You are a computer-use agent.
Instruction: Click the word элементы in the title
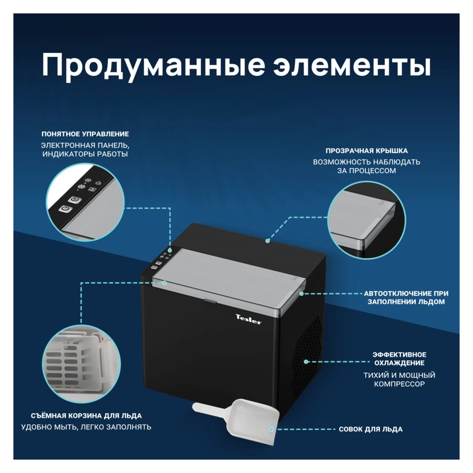coord(352,66)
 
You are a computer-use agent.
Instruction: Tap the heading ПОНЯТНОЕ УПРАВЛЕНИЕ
coord(85,134)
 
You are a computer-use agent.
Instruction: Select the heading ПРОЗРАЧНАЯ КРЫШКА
coord(366,151)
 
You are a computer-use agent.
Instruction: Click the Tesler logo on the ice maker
coord(248,318)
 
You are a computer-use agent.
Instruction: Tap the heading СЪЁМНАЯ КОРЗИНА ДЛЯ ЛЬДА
coord(86,415)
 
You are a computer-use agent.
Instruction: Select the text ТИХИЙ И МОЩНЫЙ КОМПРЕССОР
coord(399,379)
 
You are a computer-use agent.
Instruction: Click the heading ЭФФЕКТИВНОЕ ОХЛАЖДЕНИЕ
coord(399,358)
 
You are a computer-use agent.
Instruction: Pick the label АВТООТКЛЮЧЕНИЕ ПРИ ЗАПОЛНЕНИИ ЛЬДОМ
coord(406,297)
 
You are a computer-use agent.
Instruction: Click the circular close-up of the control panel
coord(86,202)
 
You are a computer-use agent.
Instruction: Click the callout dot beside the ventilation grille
coord(306,362)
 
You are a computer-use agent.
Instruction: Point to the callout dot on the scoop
coord(272,429)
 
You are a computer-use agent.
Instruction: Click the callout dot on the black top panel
coord(268,241)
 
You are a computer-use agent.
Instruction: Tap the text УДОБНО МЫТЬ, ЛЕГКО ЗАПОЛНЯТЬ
coord(86,427)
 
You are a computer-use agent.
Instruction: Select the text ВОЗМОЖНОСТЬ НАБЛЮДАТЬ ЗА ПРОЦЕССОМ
coord(366,166)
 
